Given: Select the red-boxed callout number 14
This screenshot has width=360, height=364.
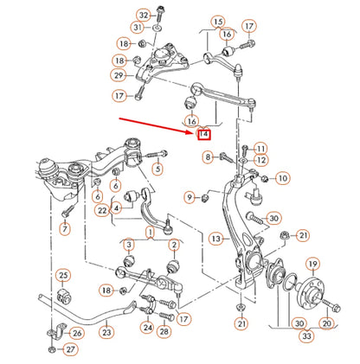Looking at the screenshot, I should pos(204,133).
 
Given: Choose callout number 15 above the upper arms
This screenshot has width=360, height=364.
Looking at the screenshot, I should pos(217,22).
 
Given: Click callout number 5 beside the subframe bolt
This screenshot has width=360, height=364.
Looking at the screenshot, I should pos(157,168).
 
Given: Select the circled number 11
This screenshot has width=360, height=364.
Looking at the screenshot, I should pos(261,149).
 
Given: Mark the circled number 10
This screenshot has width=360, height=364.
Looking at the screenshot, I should pos(283,179).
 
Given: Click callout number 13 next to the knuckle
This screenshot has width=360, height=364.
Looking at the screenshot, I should pos(215,238).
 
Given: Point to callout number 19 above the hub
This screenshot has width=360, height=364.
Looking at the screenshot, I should pos(312,265).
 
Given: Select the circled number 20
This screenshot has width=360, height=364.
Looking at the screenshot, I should pos(326,323).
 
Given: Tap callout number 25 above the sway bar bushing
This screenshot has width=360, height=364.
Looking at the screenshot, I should pos(63,276).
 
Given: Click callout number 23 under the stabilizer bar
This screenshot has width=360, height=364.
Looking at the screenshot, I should pos(106,330).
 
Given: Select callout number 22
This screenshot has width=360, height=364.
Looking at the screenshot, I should pos(102,210).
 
